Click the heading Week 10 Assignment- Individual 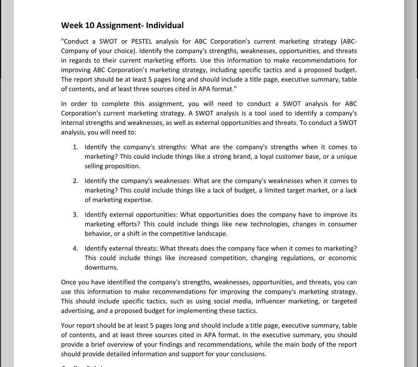(x=122, y=26)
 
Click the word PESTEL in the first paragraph (x=141, y=42)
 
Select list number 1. (x=76, y=147)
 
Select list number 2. (x=76, y=181)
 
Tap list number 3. (x=76, y=215)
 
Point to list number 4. (x=76, y=248)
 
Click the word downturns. (x=101, y=267)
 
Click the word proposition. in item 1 (x=122, y=166)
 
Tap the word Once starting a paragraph (x=68, y=283)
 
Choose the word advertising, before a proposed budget (x=78, y=311)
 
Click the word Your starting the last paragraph (x=67, y=326)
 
